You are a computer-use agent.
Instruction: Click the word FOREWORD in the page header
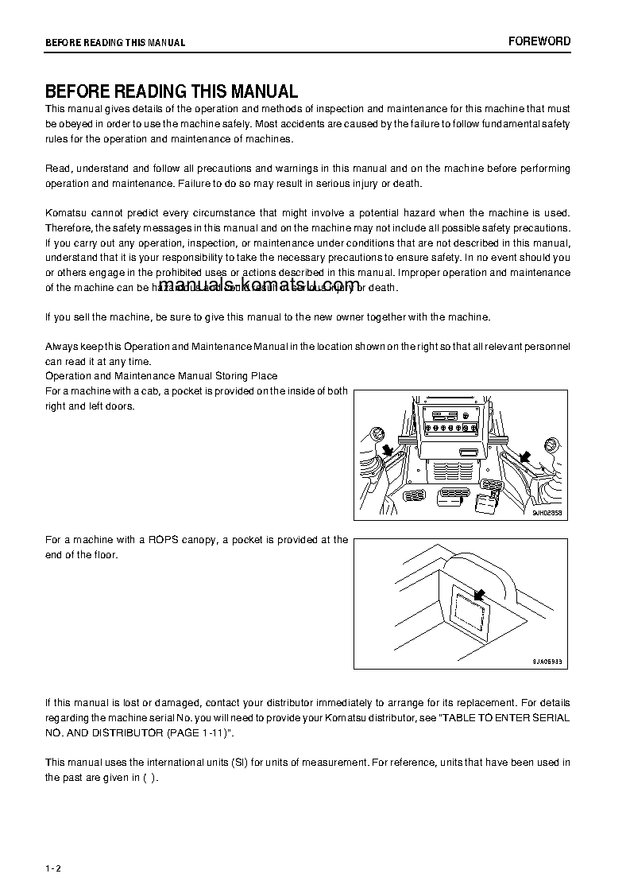[539, 41]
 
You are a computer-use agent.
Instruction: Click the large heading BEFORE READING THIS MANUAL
[172, 91]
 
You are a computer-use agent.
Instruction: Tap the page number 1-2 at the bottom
[53, 868]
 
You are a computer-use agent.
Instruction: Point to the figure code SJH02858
[547, 514]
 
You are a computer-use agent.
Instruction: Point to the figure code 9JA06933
[547, 662]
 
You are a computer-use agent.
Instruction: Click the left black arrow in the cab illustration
[388, 452]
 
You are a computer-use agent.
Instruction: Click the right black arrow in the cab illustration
[524, 456]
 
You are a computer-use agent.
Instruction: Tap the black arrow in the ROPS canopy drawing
[477, 594]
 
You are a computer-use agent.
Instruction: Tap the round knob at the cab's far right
[548, 444]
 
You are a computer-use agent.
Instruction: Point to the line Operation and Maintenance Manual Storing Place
[161, 375]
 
